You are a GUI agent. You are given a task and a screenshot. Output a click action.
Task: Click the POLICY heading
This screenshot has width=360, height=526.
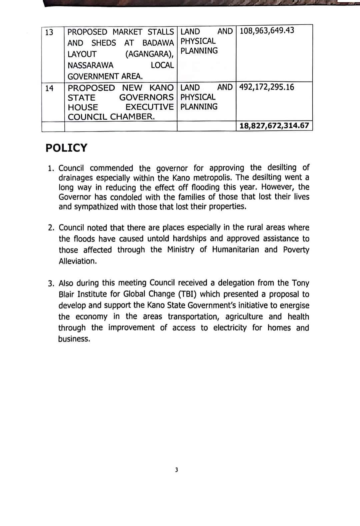click(66, 148)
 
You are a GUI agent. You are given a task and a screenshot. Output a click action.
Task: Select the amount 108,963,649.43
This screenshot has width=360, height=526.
click(267, 31)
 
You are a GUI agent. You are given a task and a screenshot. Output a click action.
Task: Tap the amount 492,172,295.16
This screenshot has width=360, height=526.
click(267, 87)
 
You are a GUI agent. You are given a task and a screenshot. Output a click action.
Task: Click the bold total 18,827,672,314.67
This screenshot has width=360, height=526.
click(274, 126)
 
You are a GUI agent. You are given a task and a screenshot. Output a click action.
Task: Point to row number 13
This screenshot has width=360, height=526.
click(49, 32)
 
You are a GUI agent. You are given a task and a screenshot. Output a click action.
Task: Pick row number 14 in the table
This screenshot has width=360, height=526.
click(49, 88)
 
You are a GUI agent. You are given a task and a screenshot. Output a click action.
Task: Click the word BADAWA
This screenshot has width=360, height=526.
click(158, 43)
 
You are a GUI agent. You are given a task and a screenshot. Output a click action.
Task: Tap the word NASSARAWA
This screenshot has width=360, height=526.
click(90, 65)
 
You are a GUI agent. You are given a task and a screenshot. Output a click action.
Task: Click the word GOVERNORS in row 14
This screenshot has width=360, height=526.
click(146, 98)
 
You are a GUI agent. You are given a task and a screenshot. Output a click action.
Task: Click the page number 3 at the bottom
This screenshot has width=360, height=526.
click(176, 470)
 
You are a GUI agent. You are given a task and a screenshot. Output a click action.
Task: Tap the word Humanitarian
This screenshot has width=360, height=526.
click(235, 250)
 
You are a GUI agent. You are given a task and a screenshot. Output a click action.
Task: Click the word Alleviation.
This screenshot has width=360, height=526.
click(78, 261)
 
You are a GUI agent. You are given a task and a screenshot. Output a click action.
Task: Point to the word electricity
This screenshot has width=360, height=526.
click(230, 328)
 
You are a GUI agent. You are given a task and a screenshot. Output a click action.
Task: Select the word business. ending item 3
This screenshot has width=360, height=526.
click(74, 339)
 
